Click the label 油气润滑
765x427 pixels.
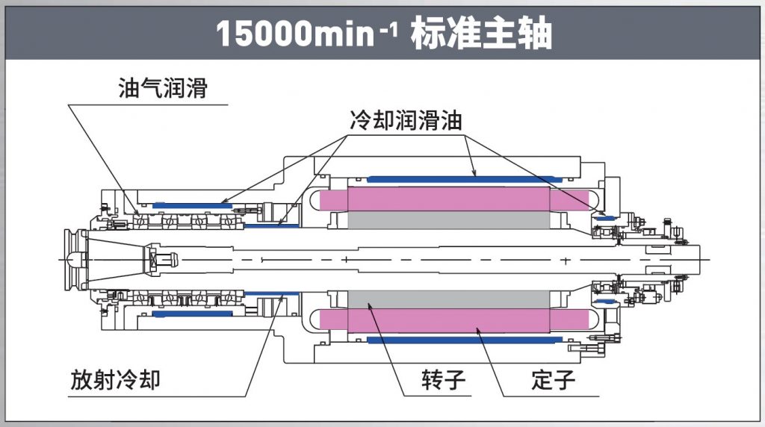click(162, 90)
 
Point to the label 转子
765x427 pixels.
click(443, 381)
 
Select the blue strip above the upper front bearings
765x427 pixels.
click(191, 205)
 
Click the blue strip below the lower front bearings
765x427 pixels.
click(191, 314)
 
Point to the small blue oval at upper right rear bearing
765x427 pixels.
click(606, 216)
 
